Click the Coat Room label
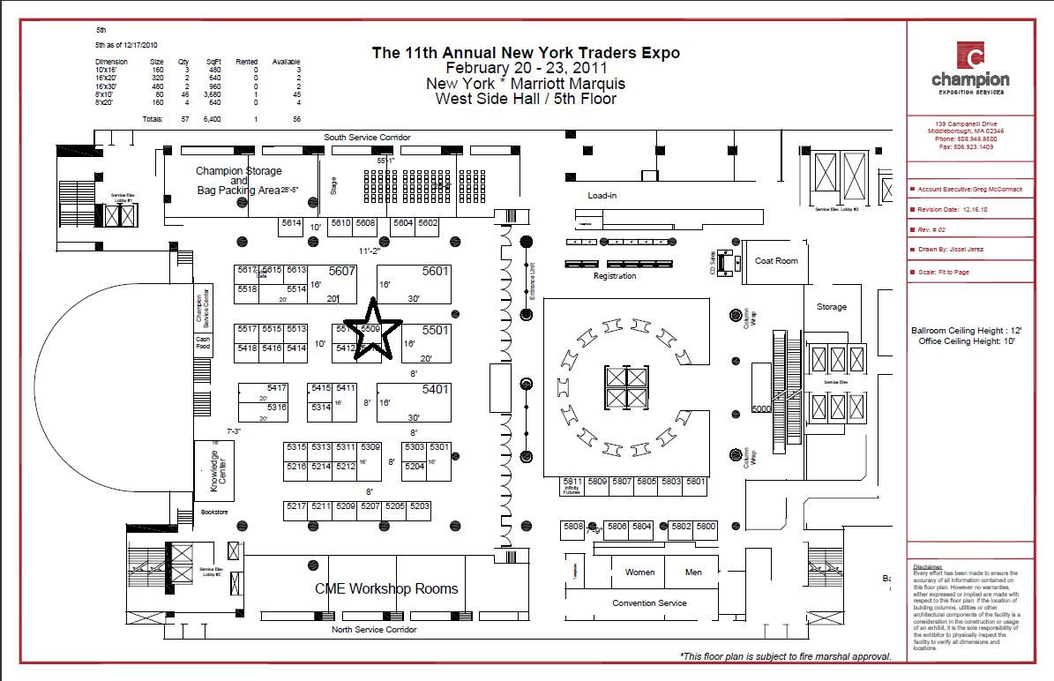click(x=776, y=261)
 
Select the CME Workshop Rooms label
click(x=386, y=588)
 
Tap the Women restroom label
click(x=639, y=572)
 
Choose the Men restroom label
click(x=693, y=572)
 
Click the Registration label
click(x=615, y=276)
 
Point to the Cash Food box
click(x=204, y=343)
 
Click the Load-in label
click(x=602, y=195)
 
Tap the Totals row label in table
click(x=153, y=118)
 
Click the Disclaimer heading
click(x=928, y=567)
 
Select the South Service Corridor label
click(x=366, y=138)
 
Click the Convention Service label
click(x=649, y=603)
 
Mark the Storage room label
click(x=831, y=307)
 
